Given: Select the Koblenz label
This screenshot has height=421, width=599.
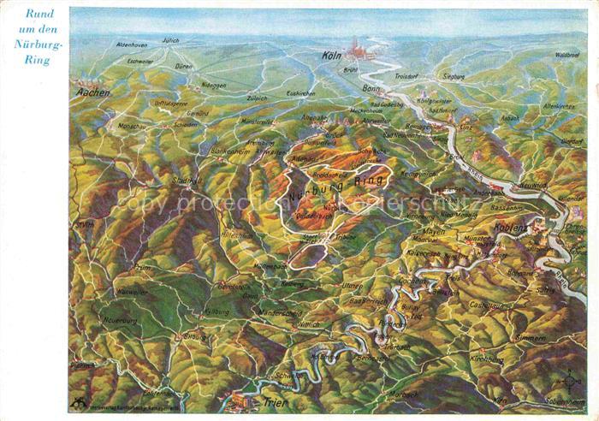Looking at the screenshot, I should pyautogui.click(x=511, y=228).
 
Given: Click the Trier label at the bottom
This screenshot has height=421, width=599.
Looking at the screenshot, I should pyautogui.click(x=276, y=402).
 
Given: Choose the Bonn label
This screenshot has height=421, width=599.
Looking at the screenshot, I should pyautogui.click(x=371, y=88).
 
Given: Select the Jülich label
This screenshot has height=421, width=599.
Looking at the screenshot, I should pyautogui.click(x=171, y=40).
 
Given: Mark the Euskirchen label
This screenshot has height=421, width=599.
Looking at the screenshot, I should pyautogui.click(x=301, y=92).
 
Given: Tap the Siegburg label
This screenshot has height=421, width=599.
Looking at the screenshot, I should pyautogui.click(x=454, y=76).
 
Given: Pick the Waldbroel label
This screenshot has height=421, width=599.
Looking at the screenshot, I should pyautogui.click(x=567, y=54).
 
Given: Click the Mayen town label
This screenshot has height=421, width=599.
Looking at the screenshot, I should pyautogui.click(x=434, y=231).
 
